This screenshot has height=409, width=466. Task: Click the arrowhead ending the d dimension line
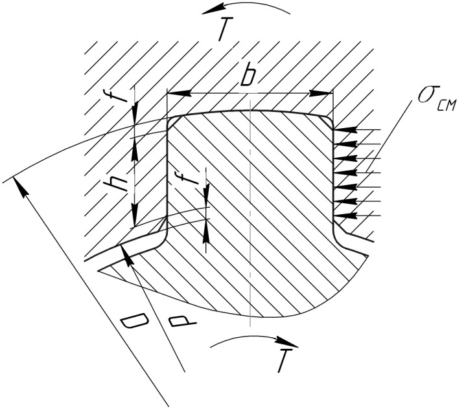tap(129, 258)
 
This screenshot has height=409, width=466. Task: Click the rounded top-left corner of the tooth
tap(172, 121)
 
